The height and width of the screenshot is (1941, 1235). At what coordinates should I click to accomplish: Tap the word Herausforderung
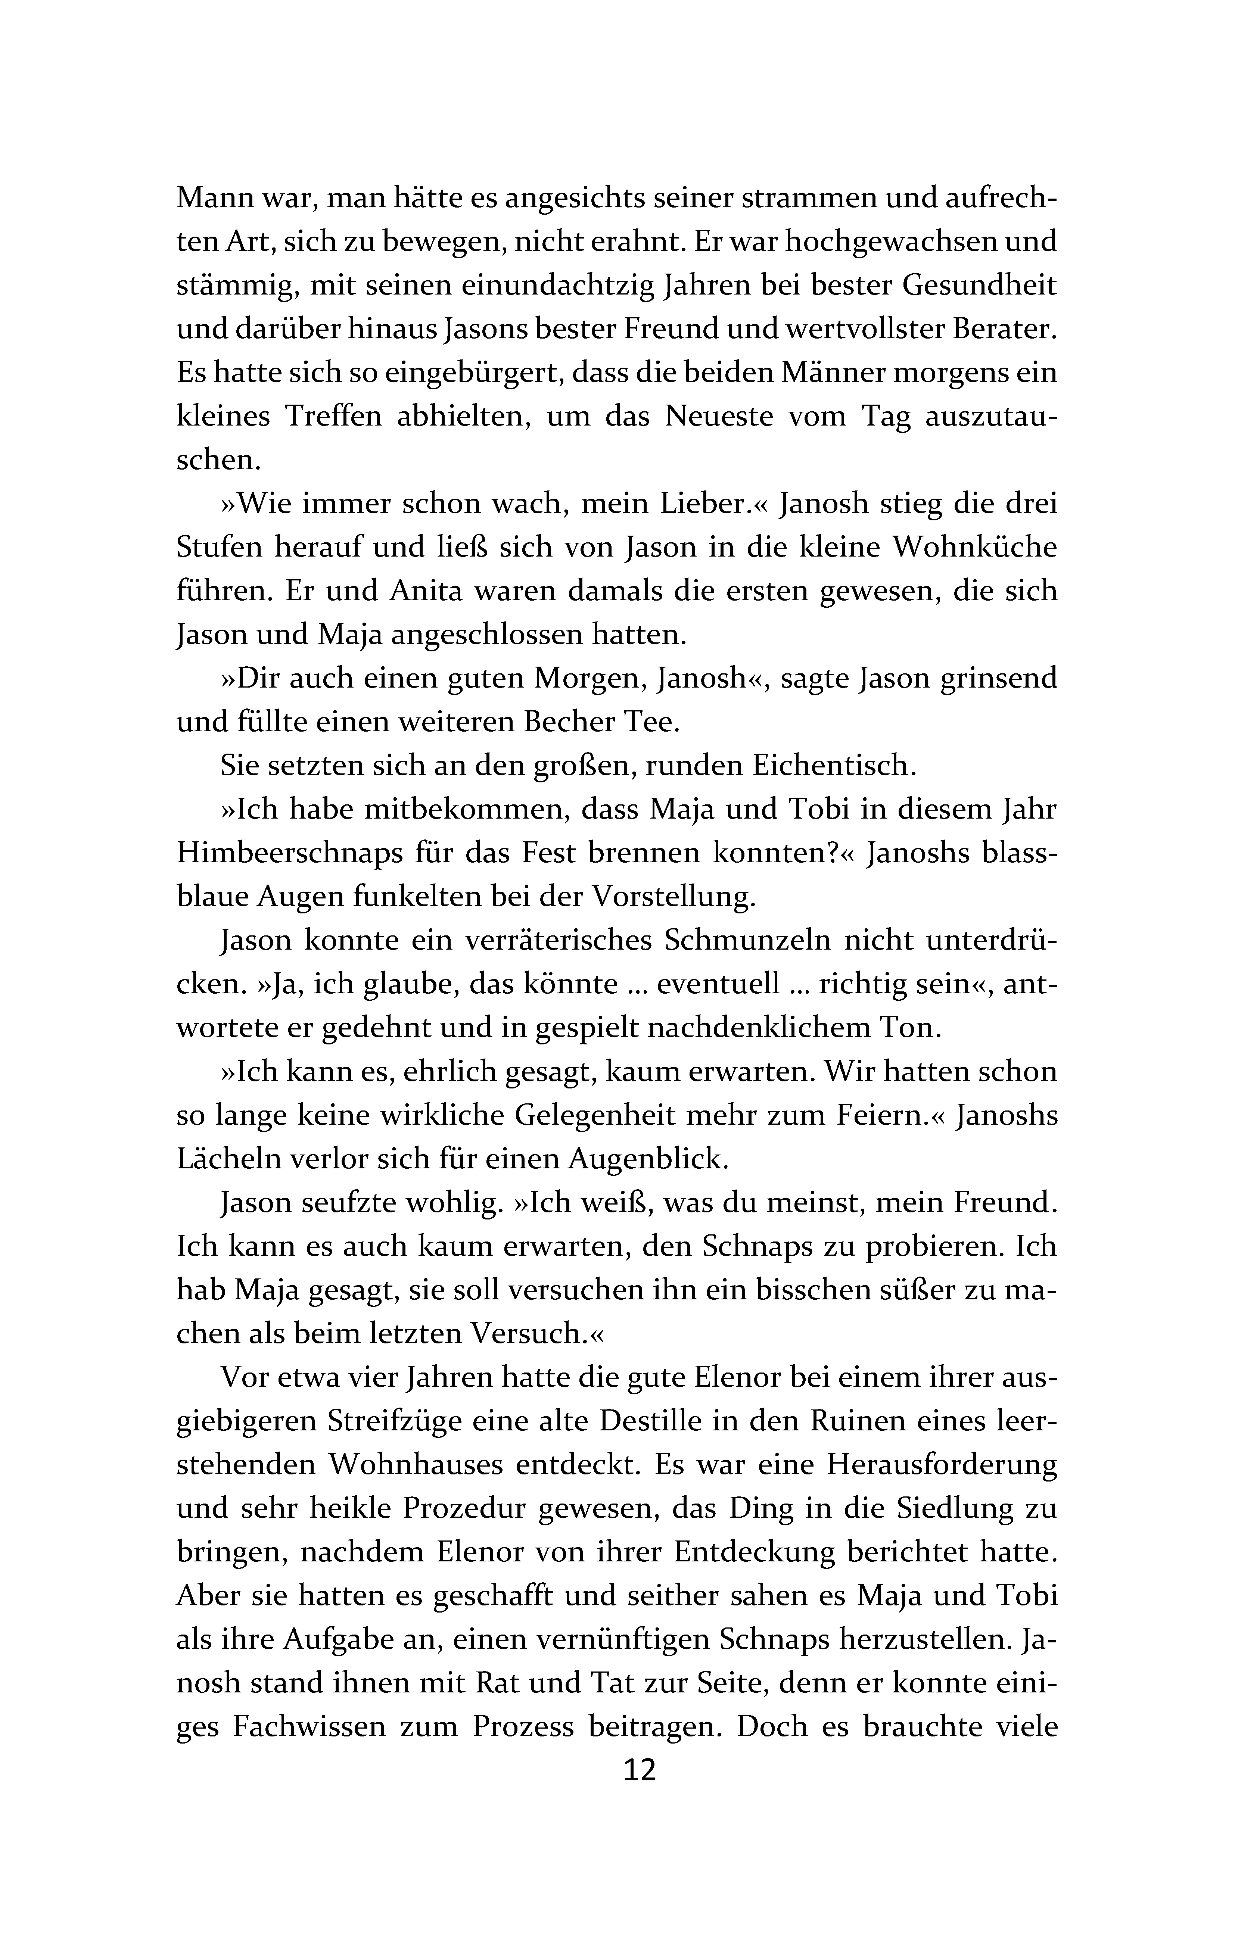pos(942,1464)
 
